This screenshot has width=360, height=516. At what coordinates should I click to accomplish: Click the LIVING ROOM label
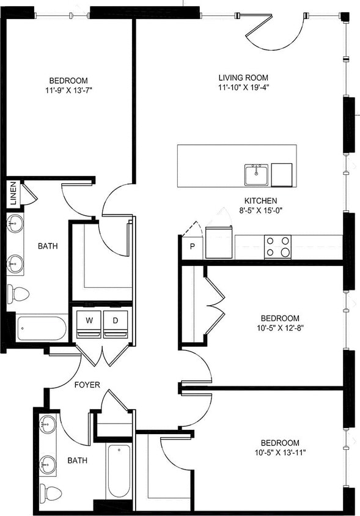[x=243, y=78]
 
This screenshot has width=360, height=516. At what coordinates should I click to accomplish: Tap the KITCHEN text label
[x=260, y=201]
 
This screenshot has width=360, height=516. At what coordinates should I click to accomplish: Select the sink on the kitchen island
[x=256, y=174]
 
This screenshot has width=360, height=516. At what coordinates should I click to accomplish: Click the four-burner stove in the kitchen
[x=277, y=247]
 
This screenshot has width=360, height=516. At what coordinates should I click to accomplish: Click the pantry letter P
[x=192, y=246]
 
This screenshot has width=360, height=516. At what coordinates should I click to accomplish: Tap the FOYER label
[x=87, y=385]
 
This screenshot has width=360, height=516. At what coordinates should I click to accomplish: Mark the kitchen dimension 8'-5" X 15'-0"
[x=260, y=210]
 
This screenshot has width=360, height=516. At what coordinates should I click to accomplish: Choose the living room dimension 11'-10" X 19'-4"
[x=243, y=87]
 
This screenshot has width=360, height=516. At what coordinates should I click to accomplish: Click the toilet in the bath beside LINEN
[x=18, y=294]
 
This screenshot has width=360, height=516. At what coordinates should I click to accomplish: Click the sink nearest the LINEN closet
[x=16, y=224]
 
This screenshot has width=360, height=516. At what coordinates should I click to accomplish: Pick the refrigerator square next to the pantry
[x=219, y=242]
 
